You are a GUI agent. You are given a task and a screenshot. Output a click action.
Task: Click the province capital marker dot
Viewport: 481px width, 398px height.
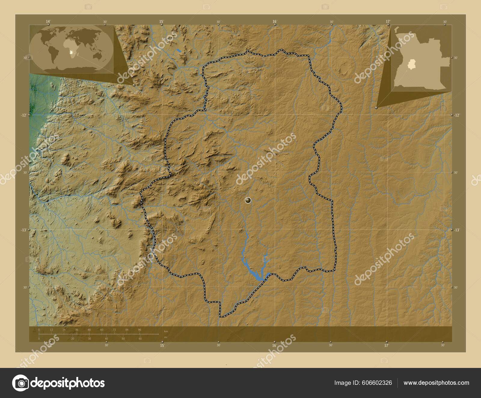pos(248,200)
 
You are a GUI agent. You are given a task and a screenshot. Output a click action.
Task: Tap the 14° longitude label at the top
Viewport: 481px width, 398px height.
pos(48,21)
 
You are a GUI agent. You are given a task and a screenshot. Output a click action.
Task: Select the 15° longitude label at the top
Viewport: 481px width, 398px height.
pos(161,21)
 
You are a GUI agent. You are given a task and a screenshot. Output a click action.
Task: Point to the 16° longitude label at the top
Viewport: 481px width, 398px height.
pos(274,21)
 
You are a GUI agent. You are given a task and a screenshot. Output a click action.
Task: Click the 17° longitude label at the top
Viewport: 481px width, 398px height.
pos(388,21)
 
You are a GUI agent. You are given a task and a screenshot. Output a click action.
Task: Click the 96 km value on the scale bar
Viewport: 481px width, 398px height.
pos(139,330)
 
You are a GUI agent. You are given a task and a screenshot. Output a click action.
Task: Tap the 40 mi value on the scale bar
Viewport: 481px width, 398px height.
pos(106,339)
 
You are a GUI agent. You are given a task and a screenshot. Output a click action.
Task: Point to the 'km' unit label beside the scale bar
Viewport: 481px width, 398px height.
pos(166,331)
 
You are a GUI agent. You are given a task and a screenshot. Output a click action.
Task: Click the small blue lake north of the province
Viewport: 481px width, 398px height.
pos(179,51)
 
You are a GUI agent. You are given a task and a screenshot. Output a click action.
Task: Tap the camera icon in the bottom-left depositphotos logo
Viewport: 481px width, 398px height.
pos(20,383)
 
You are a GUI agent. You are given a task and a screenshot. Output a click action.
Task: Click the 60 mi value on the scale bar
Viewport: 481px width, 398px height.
pos(140,339)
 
